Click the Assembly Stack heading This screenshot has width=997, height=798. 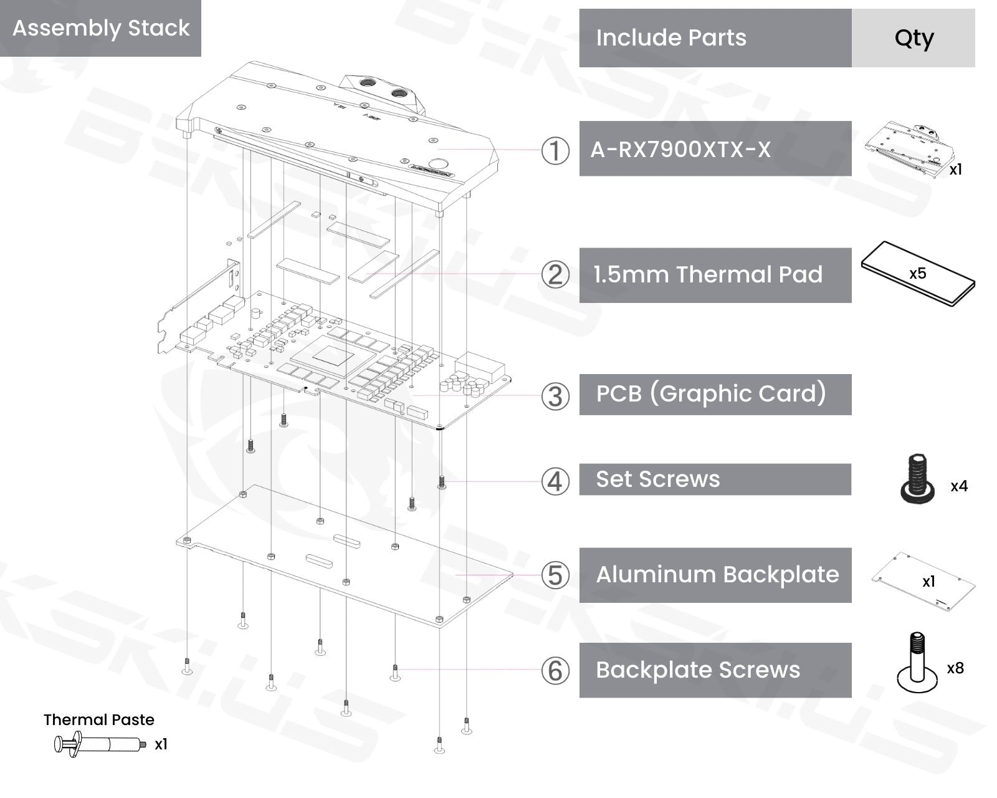[101, 28]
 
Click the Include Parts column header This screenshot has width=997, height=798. [671, 37]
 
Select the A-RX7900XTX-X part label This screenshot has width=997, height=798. [680, 149]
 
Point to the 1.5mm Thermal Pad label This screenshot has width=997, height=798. [708, 274]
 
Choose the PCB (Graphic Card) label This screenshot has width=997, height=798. [711, 393]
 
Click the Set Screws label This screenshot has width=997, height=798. [658, 479]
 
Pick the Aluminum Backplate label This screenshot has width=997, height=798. [718, 575]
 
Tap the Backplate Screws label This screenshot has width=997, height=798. [698, 670]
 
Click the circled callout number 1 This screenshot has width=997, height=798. [555, 151]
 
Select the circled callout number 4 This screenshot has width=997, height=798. [555, 481]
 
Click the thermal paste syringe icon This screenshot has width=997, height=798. [100, 744]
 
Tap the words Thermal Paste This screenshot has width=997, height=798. [98, 719]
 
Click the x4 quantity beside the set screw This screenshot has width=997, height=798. [959, 486]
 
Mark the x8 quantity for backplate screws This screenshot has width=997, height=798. [955, 668]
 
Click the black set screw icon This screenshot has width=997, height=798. [917, 478]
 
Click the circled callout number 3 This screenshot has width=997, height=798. [555, 397]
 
